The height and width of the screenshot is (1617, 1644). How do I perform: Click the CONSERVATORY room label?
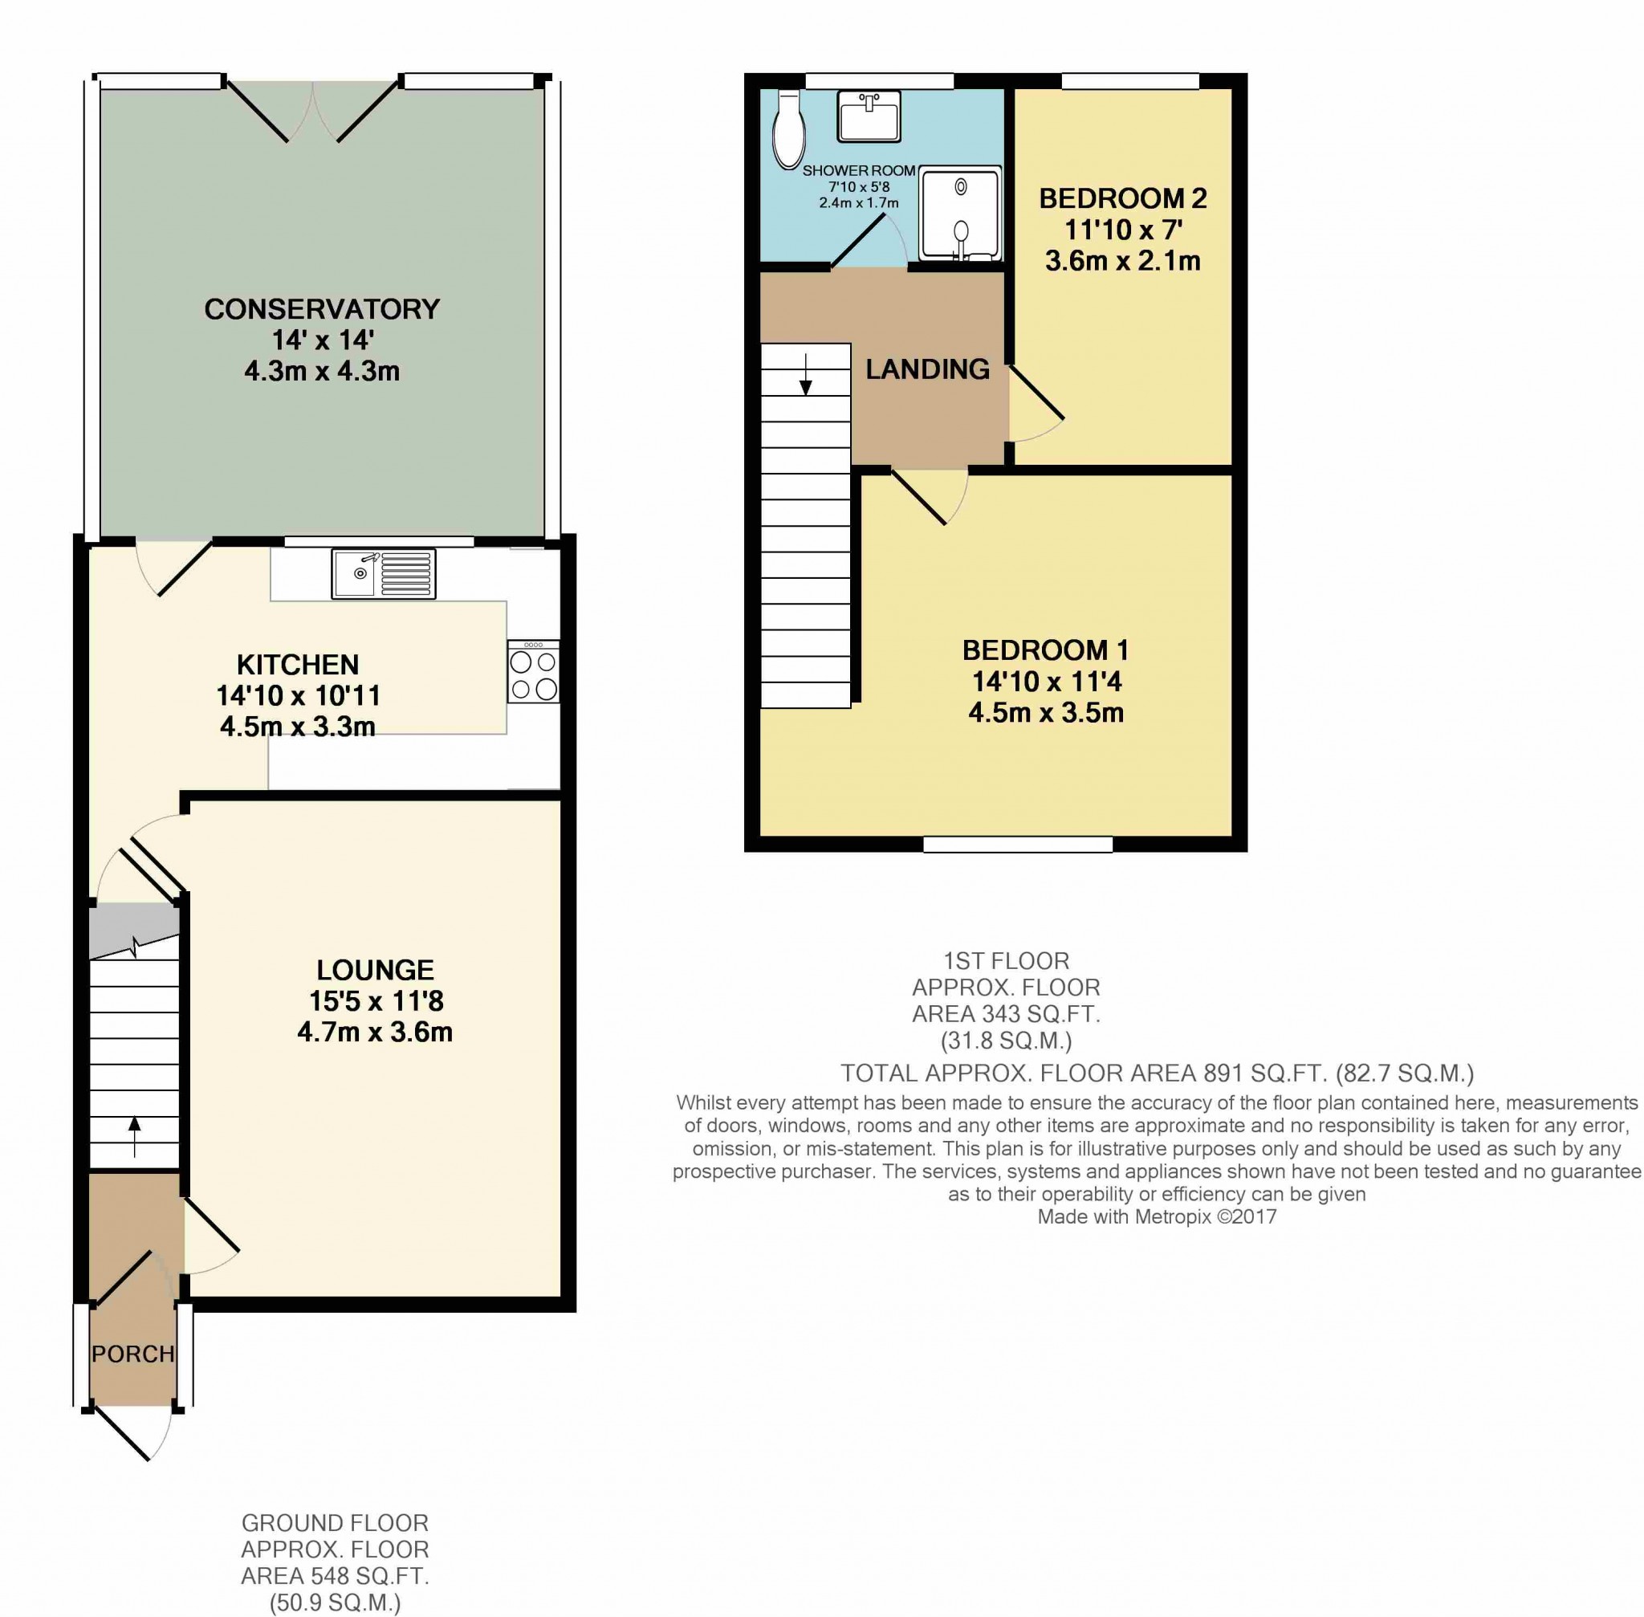click(322, 309)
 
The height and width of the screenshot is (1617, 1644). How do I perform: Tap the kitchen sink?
click(384, 574)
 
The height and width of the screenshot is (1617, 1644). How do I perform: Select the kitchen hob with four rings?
click(534, 672)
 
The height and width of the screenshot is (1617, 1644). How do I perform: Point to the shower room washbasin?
click(869, 116)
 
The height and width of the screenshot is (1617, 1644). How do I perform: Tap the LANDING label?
click(927, 369)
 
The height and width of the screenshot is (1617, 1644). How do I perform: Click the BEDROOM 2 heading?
click(1122, 199)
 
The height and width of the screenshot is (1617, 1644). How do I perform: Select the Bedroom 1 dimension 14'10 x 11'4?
click(1046, 681)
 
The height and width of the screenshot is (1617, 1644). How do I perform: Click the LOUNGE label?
click(376, 970)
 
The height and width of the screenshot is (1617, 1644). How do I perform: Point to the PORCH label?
click(133, 1354)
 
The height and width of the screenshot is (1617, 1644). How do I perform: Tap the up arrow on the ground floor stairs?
click(134, 1137)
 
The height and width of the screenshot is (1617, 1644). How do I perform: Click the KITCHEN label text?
click(298, 664)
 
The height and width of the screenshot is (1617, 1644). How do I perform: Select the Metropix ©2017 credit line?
click(1157, 1217)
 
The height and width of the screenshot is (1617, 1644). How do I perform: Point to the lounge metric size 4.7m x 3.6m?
click(376, 1033)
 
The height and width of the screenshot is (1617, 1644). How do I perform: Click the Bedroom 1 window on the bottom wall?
click(1018, 844)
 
